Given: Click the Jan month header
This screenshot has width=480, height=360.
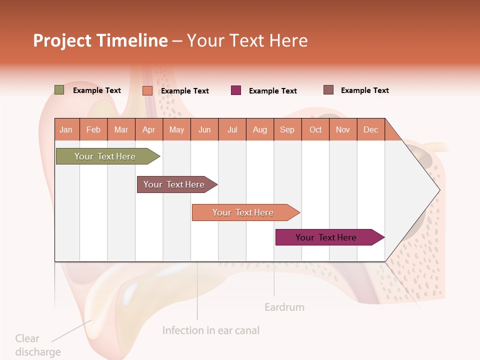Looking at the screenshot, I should pyautogui.click(x=66, y=129).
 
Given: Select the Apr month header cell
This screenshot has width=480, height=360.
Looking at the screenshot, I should pyautogui.click(x=149, y=129).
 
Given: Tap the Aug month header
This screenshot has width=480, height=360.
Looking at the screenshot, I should pyautogui.click(x=260, y=129).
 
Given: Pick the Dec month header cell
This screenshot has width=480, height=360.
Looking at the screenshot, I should pyautogui.click(x=370, y=129).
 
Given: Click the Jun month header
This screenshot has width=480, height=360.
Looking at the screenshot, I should pyautogui.click(x=204, y=129).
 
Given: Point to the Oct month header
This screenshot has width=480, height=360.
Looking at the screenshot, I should pyautogui.click(x=315, y=129).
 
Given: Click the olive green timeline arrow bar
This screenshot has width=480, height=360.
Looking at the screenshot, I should pyautogui.click(x=105, y=156).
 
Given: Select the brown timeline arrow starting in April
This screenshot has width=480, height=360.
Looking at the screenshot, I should pyautogui.click(x=174, y=184).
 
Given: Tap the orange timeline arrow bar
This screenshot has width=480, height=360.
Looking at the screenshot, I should pyautogui.click(x=243, y=212).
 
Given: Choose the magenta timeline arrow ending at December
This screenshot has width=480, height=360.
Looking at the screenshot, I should pyautogui.click(x=326, y=237).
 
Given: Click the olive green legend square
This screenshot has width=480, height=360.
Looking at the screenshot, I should pyautogui.click(x=59, y=90).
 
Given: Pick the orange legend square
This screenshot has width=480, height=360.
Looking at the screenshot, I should pyautogui.click(x=147, y=90).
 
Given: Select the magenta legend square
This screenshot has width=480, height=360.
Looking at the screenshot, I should pyautogui.click(x=236, y=90).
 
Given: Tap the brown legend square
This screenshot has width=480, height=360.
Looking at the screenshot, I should pyautogui.click(x=328, y=90).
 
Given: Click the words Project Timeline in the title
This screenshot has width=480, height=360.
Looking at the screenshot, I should pyautogui.click(x=100, y=40).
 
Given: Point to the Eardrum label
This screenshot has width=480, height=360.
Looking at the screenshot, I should pyautogui.click(x=284, y=307).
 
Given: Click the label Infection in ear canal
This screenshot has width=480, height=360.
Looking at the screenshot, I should pyautogui.click(x=211, y=330).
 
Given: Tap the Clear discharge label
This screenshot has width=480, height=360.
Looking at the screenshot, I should pyautogui.click(x=37, y=345).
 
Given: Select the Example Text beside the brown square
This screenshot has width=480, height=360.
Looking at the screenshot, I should pyautogui.click(x=364, y=90).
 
